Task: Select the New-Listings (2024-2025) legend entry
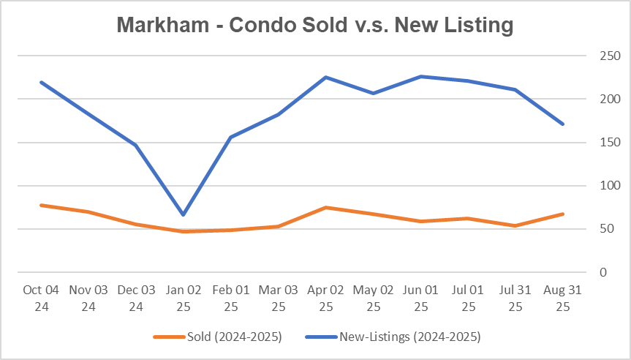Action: tap(409, 337)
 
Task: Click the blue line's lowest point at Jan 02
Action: tap(184, 214)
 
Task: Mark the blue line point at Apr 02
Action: tap(326, 78)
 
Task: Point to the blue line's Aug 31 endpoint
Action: tap(563, 124)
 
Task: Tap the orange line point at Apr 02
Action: tap(326, 208)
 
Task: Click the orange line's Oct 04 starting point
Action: tap(41, 206)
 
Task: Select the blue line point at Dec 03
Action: tap(136, 145)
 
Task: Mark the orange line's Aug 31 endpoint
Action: tap(563, 214)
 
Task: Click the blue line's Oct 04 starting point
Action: tap(41, 82)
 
